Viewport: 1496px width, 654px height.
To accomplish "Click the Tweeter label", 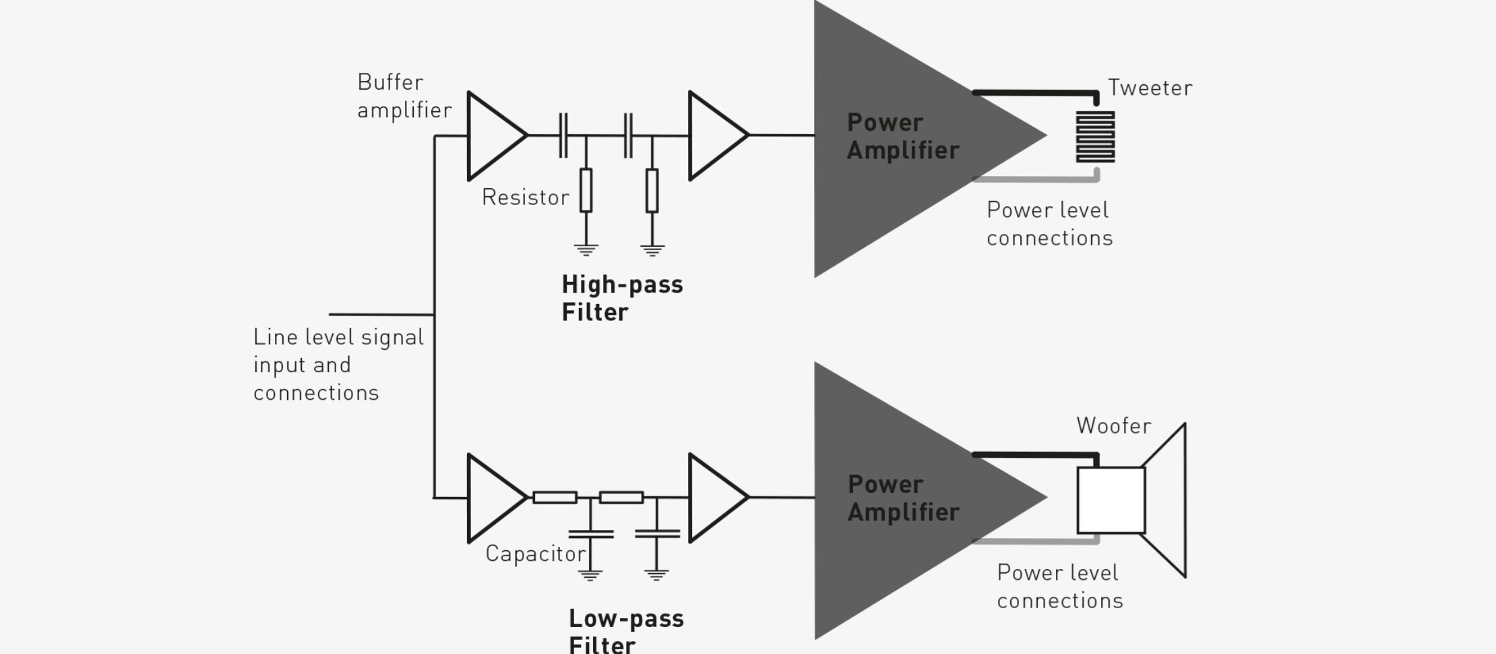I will (x=1150, y=88).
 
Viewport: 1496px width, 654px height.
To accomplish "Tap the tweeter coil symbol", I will (x=1094, y=137).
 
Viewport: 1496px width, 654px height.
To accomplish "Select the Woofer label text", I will (x=1113, y=426).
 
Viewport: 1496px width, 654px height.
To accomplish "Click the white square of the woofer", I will (x=1111, y=500).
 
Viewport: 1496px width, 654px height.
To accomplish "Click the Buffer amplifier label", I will (x=404, y=96).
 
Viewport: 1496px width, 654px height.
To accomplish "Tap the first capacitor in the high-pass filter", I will (x=563, y=136).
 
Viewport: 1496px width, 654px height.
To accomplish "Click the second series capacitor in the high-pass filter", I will (x=628, y=136).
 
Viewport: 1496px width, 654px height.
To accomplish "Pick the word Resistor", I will (x=525, y=198).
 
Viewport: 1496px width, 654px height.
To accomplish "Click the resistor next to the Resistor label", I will (x=586, y=191).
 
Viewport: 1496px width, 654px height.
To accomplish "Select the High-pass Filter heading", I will (x=621, y=298).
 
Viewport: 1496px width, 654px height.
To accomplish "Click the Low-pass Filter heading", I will (x=625, y=630).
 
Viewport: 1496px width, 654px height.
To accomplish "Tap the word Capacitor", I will (x=535, y=554).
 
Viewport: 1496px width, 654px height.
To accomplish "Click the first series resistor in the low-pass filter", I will (x=555, y=498).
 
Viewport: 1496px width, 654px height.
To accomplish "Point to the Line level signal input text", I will (x=338, y=365).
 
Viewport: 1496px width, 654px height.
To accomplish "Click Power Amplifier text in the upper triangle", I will (x=902, y=137).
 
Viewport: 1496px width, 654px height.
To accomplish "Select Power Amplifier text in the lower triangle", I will (x=903, y=498).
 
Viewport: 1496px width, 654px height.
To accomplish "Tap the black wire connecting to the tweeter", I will (x=1034, y=92).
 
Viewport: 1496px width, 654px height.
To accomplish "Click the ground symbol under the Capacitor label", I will (x=590, y=575).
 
